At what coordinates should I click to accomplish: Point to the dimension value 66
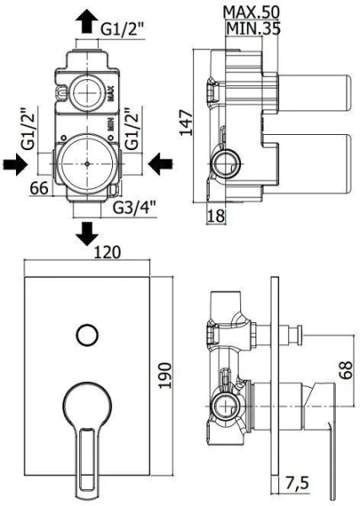(38, 189)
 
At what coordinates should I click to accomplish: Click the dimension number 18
(216, 216)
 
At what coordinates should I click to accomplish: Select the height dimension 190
(165, 373)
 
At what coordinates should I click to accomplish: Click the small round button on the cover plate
(86, 334)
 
